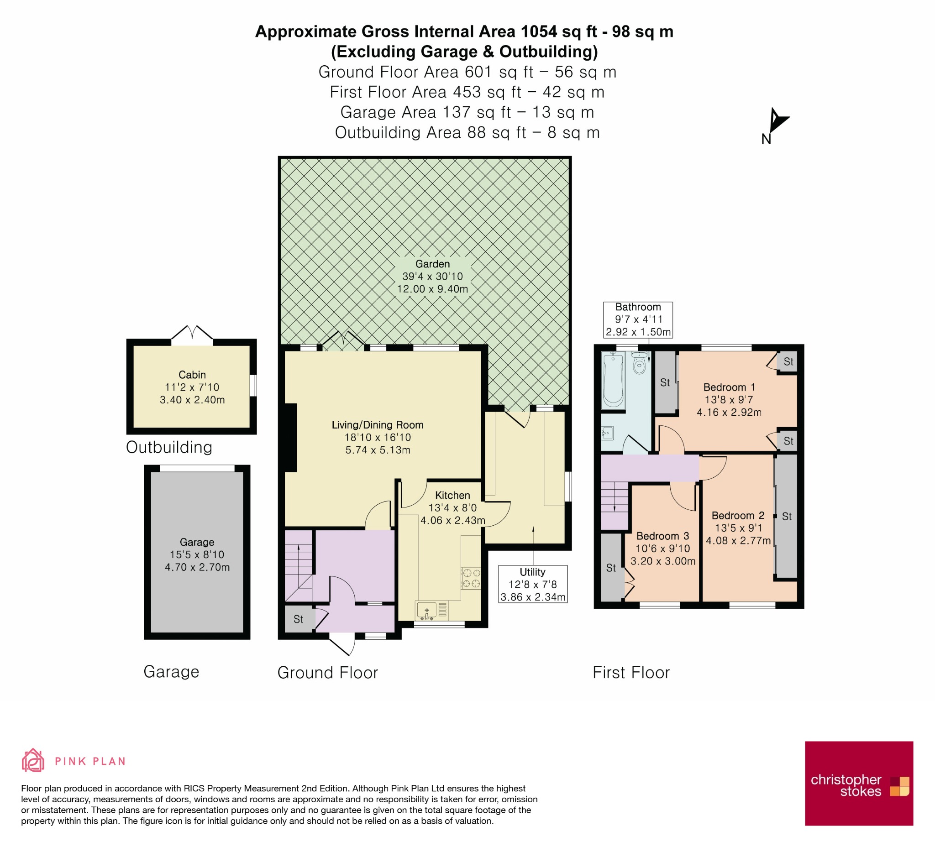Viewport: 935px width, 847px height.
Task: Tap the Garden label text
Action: coord(432,264)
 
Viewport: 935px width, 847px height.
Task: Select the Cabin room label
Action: coord(192,375)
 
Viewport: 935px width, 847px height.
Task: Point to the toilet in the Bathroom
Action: coord(639,363)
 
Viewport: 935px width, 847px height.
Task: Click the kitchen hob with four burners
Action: coord(471,578)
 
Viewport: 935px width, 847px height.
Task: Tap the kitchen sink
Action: coord(427,611)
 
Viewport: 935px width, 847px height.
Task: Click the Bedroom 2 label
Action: coord(738,516)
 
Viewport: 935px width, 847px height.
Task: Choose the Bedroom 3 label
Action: coord(662,536)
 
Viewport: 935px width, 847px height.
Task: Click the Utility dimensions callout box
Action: coord(532,584)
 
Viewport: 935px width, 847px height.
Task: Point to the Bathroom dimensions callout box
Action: coord(638,320)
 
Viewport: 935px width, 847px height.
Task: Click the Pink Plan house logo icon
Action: coord(33,760)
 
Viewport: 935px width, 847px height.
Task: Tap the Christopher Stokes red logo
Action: coord(859,784)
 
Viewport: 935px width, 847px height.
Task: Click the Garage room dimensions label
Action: coord(197,561)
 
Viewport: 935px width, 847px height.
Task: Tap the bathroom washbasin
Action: coord(608,433)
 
